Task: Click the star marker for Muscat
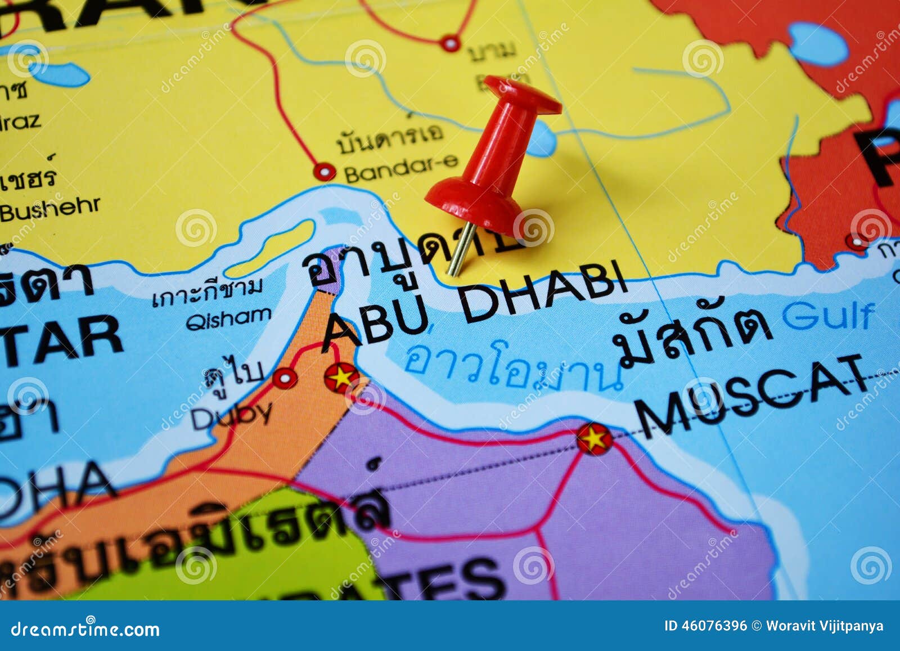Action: (x=594, y=439)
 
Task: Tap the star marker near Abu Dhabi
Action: (x=341, y=377)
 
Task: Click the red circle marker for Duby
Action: (x=285, y=378)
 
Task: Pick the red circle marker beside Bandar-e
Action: (x=324, y=171)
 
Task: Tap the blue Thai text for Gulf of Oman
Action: (x=512, y=369)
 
